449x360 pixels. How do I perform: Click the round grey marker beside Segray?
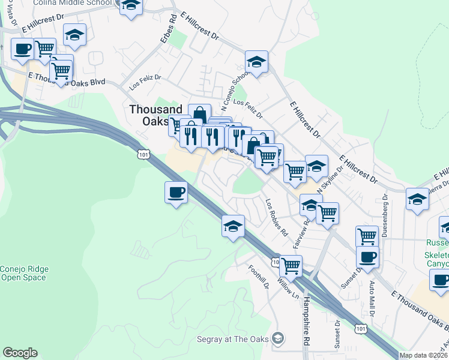point(277,339)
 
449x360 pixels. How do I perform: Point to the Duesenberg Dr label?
point(385,214)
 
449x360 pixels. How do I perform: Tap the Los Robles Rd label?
point(277,217)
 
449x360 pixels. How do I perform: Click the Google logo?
point(20,353)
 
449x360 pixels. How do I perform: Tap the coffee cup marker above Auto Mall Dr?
point(367,257)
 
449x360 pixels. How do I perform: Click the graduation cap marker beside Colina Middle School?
point(131,6)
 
